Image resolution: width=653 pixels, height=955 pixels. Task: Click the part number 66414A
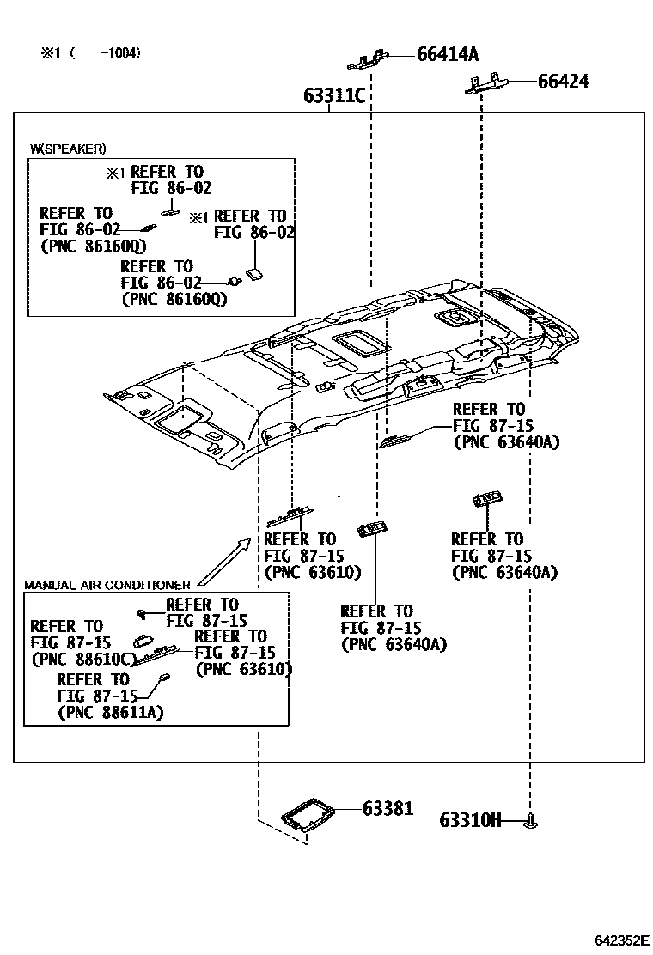click(x=447, y=55)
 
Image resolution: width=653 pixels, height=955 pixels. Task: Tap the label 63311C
click(x=334, y=96)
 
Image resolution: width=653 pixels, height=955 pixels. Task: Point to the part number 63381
click(x=388, y=808)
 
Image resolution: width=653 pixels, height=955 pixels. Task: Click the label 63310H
click(x=470, y=820)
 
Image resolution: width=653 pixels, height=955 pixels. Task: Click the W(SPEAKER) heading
click(x=69, y=149)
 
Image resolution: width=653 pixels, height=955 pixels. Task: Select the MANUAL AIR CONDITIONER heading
click(x=107, y=585)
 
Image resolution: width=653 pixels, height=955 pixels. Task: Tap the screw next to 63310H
click(x=531, y=822)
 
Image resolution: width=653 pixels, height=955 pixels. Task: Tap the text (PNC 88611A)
click(x=111, y=712)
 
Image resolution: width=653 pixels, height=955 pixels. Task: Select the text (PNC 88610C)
click(x=84, y=659)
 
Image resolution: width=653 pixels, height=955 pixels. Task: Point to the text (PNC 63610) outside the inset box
click(x=313, y=572)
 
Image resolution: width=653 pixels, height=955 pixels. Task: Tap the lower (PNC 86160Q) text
click(x=174, y=299)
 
